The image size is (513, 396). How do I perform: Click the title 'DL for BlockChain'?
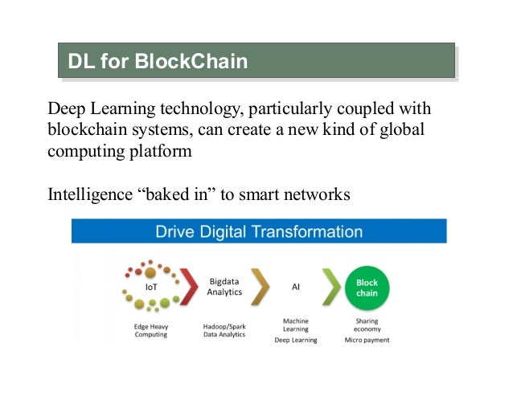click(158, 60)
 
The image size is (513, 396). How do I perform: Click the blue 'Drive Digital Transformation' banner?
click(259, 232)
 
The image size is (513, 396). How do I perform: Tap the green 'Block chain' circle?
click(367, 288)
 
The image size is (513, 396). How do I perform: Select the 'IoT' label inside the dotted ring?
click(150, 285)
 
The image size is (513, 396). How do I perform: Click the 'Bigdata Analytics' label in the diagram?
click(224, 287)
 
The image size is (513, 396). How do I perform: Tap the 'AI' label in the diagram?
click(295, 286)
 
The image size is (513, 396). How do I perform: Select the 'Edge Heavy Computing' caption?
click(151, 330)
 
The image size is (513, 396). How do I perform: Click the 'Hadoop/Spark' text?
click(224, 326)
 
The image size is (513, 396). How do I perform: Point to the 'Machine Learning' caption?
click(296, 325)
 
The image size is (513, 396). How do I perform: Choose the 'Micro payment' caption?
click(367, 340)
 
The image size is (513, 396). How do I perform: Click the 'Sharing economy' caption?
click(367, 325)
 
